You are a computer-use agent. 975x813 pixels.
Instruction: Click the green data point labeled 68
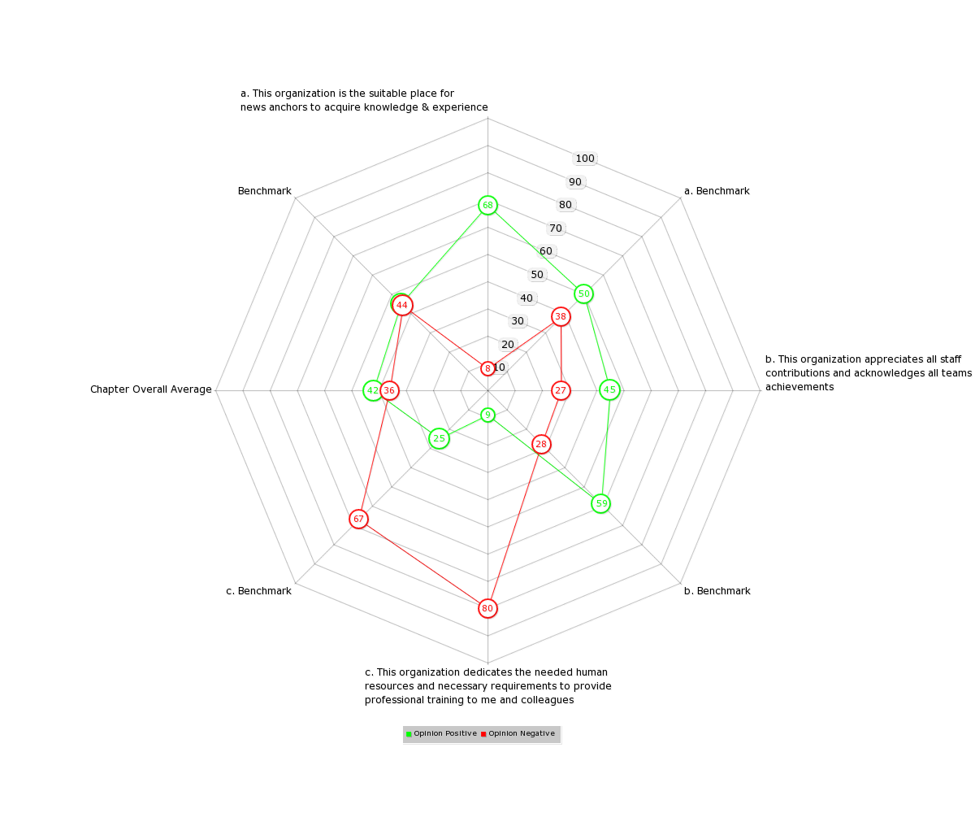tap(487, 205)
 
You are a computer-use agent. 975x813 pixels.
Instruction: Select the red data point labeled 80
tap(487, 608)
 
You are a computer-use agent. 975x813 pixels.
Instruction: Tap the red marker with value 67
tap(358, 520)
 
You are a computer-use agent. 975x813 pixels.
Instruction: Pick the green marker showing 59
tap(601, 504)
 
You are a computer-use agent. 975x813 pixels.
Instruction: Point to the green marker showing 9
tap(487, 415)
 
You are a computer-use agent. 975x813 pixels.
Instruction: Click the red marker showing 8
tap(487, 368)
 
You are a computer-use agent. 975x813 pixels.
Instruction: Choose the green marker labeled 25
tap(439, 439)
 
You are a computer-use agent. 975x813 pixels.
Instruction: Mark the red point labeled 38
tap(561, 317)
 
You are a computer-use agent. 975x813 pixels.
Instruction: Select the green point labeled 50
tap(583, 293)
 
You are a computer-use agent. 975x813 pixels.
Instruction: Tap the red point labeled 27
tap(561, 390)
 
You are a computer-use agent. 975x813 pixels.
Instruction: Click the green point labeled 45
tap(610, 389)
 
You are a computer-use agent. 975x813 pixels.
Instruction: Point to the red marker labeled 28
tap(541, 445)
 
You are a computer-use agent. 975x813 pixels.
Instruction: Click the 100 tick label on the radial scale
tap(585, 159)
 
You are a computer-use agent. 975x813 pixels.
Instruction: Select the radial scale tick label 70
tap(556, 228)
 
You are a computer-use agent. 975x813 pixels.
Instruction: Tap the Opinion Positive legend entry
tap(441, 733)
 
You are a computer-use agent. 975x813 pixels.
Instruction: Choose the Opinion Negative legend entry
tap(518, 733)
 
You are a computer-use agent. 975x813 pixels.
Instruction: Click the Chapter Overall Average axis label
tap(151, 389)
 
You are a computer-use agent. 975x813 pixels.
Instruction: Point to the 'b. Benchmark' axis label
tap(717, 590)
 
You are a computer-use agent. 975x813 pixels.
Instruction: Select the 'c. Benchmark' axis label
tap(258, 590)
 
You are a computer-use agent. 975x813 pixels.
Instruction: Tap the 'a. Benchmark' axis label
tap(717, 190)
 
